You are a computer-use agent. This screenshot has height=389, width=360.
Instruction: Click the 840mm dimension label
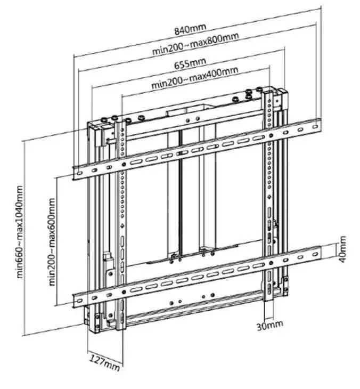coord(190,29)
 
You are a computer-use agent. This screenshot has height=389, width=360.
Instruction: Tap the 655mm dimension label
coord(190,63)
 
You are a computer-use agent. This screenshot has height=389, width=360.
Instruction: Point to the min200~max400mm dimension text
coord(195,77)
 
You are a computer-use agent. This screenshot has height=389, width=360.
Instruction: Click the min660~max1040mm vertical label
coord(20,232)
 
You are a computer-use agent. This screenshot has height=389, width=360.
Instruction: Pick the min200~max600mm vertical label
coord(52,242)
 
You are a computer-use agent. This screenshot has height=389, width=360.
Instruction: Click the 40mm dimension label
coord(342,249)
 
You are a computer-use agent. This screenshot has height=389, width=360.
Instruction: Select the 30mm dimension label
coord(270,326)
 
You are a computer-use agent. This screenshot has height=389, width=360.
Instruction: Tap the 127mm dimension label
coord(104,362)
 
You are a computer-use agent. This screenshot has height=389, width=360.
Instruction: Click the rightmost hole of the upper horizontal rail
coord(315,126)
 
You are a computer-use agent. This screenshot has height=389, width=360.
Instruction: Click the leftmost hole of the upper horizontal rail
coord(79,173)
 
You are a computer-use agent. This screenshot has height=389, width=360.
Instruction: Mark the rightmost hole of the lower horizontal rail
coord(315,254)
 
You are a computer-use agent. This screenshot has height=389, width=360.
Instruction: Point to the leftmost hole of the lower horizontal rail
coord(79,301)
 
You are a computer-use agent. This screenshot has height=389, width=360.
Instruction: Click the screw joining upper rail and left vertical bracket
coord(124,164)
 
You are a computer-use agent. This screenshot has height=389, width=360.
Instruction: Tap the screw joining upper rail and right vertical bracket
coord(271,135)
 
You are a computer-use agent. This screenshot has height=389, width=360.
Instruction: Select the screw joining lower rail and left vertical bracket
coord(124,292)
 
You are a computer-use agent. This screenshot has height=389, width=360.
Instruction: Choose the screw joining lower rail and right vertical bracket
coord(271,263)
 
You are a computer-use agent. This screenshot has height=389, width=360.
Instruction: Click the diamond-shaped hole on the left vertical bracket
coord(122,226)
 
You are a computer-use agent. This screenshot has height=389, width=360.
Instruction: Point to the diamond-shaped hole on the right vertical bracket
coord(269,197)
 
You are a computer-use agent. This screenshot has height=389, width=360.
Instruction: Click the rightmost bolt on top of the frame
coord(259,90)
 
